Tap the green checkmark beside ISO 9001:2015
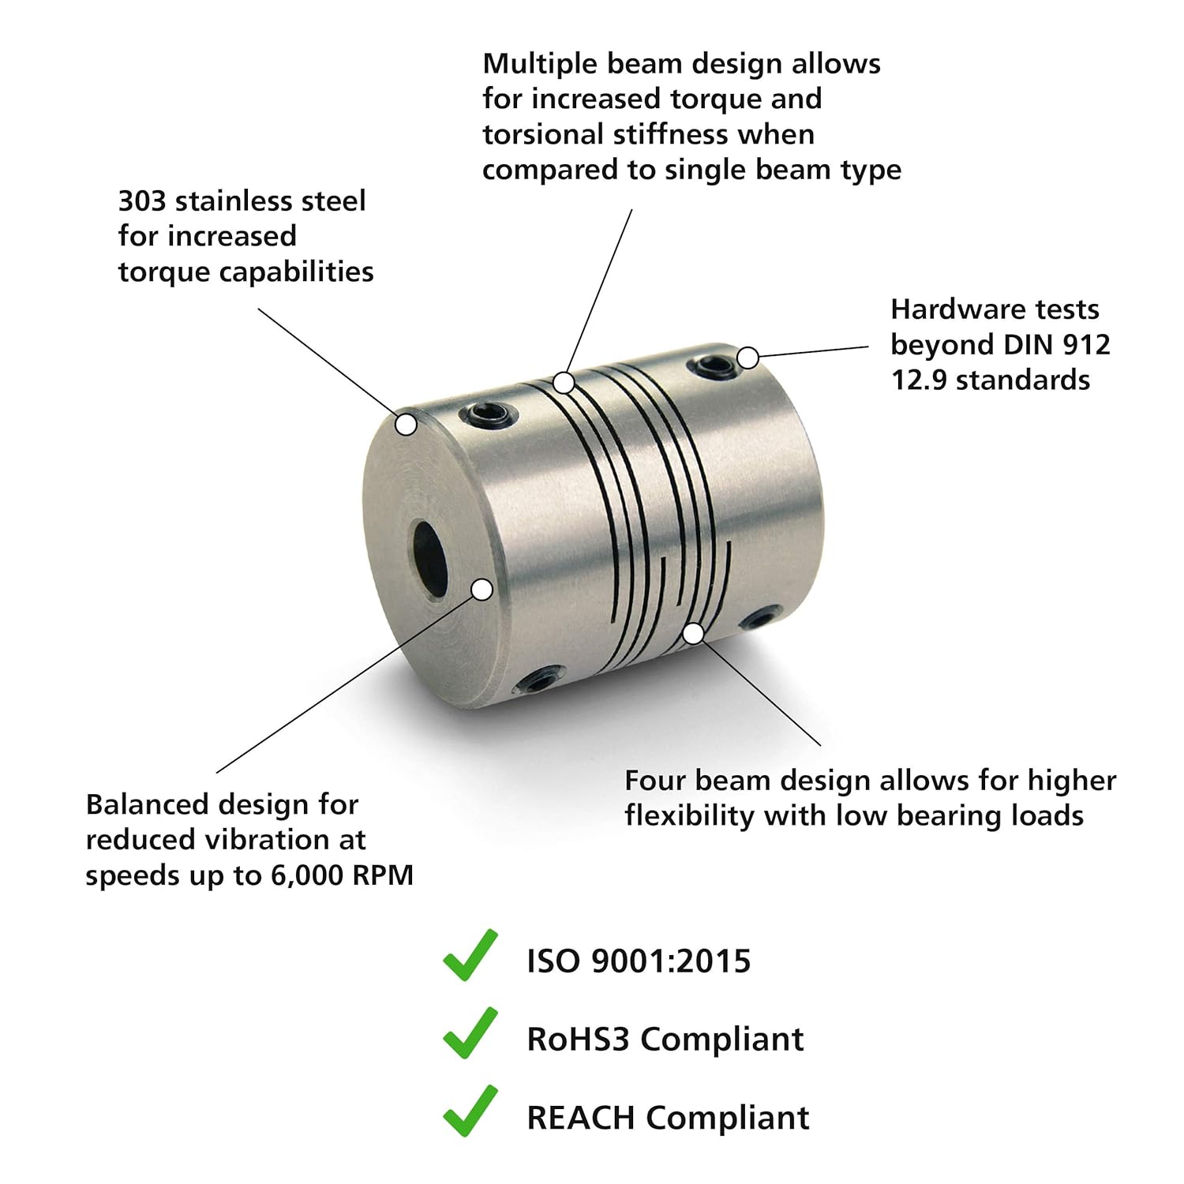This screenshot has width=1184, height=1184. pyautogui.click(x=470, y=956)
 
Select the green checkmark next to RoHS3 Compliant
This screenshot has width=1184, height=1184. pyautogui.click(x=470, y=1033)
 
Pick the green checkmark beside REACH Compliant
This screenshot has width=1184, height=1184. pyautogui.click(x=470, y=1111)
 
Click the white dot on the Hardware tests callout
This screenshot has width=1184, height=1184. pyautogui.click(x=747, y=358)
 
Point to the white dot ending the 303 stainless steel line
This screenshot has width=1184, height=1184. pyautogui.click(x=406, y=425)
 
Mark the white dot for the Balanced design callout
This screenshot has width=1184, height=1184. pyautogui.click(x=482, y=590)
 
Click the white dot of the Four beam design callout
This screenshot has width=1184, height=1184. pyautogui.click(x=693, y=633)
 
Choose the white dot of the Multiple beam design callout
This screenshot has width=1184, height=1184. pyautogui.click(x=563, y=383)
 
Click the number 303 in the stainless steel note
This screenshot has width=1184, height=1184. pyautogui.click(x=142, y=201)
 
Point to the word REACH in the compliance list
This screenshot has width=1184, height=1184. pyautogui.click(x=581, y=1118)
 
